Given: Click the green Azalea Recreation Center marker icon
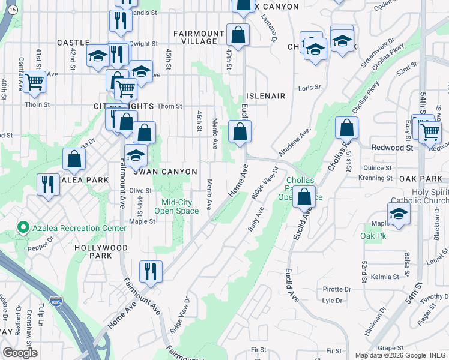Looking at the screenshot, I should click(x=23, y=227).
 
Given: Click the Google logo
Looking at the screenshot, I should click(x=20, y=353).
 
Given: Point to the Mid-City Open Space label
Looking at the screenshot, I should click(x=176, y=206).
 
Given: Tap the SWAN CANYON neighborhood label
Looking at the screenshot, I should click(x=165, y=172).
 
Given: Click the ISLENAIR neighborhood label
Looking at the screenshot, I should click(x=265, y=95).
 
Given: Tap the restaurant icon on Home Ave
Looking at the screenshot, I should click(x=151, y=271).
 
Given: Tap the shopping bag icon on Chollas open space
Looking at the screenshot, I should click(x=304, y=196).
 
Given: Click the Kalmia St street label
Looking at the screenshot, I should click(x=385, y=277).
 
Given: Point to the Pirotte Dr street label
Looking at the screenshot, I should click(x=336, y=289).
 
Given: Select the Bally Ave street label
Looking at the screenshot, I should click(x=256, y=220).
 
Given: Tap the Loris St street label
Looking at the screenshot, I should click(x=310, y=88).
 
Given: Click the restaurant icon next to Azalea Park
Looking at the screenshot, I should click(x=47, y=184).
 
